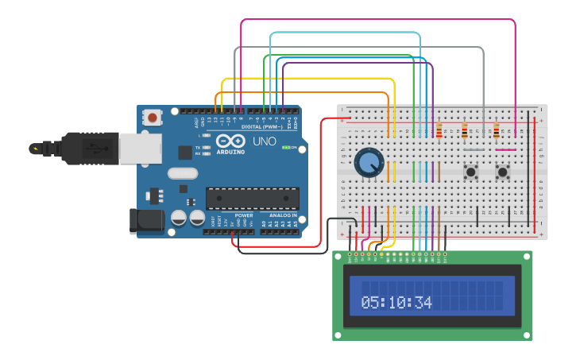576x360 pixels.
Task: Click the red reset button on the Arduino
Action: tap(152, 118)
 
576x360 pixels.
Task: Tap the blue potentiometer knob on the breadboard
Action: tap(369, 163)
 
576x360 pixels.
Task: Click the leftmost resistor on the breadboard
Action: tap(439, 130)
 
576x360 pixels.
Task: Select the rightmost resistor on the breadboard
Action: tap(497, 130)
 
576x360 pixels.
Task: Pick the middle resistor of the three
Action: tap(465, 130)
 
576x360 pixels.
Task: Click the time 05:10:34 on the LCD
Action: tap(396, 303)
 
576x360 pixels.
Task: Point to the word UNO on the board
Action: tap(265, 142)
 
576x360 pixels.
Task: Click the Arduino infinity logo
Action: tap(231, 141)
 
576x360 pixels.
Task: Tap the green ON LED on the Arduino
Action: tap(294, 148)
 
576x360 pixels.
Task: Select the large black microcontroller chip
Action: tap(253, 199)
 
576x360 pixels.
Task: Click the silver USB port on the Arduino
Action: tap(140, 148)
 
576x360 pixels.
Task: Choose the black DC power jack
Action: tap(146, 221)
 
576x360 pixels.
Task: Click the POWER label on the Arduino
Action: tap(244, 215)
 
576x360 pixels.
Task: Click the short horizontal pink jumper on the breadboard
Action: tap(505, 149)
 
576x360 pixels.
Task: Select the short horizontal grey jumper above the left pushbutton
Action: tap(474, 149)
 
